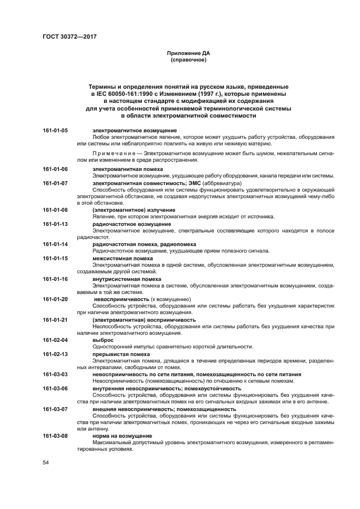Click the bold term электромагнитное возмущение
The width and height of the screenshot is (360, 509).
pyautogui.click(x=134, y=131)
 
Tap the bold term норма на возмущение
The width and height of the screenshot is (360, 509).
pyautogui.click(x=121, y=437)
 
